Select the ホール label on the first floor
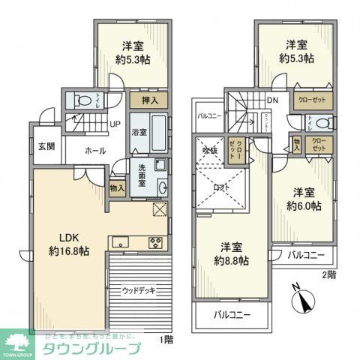94,151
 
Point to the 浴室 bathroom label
139,132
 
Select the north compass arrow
303,300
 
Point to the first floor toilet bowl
81,100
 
